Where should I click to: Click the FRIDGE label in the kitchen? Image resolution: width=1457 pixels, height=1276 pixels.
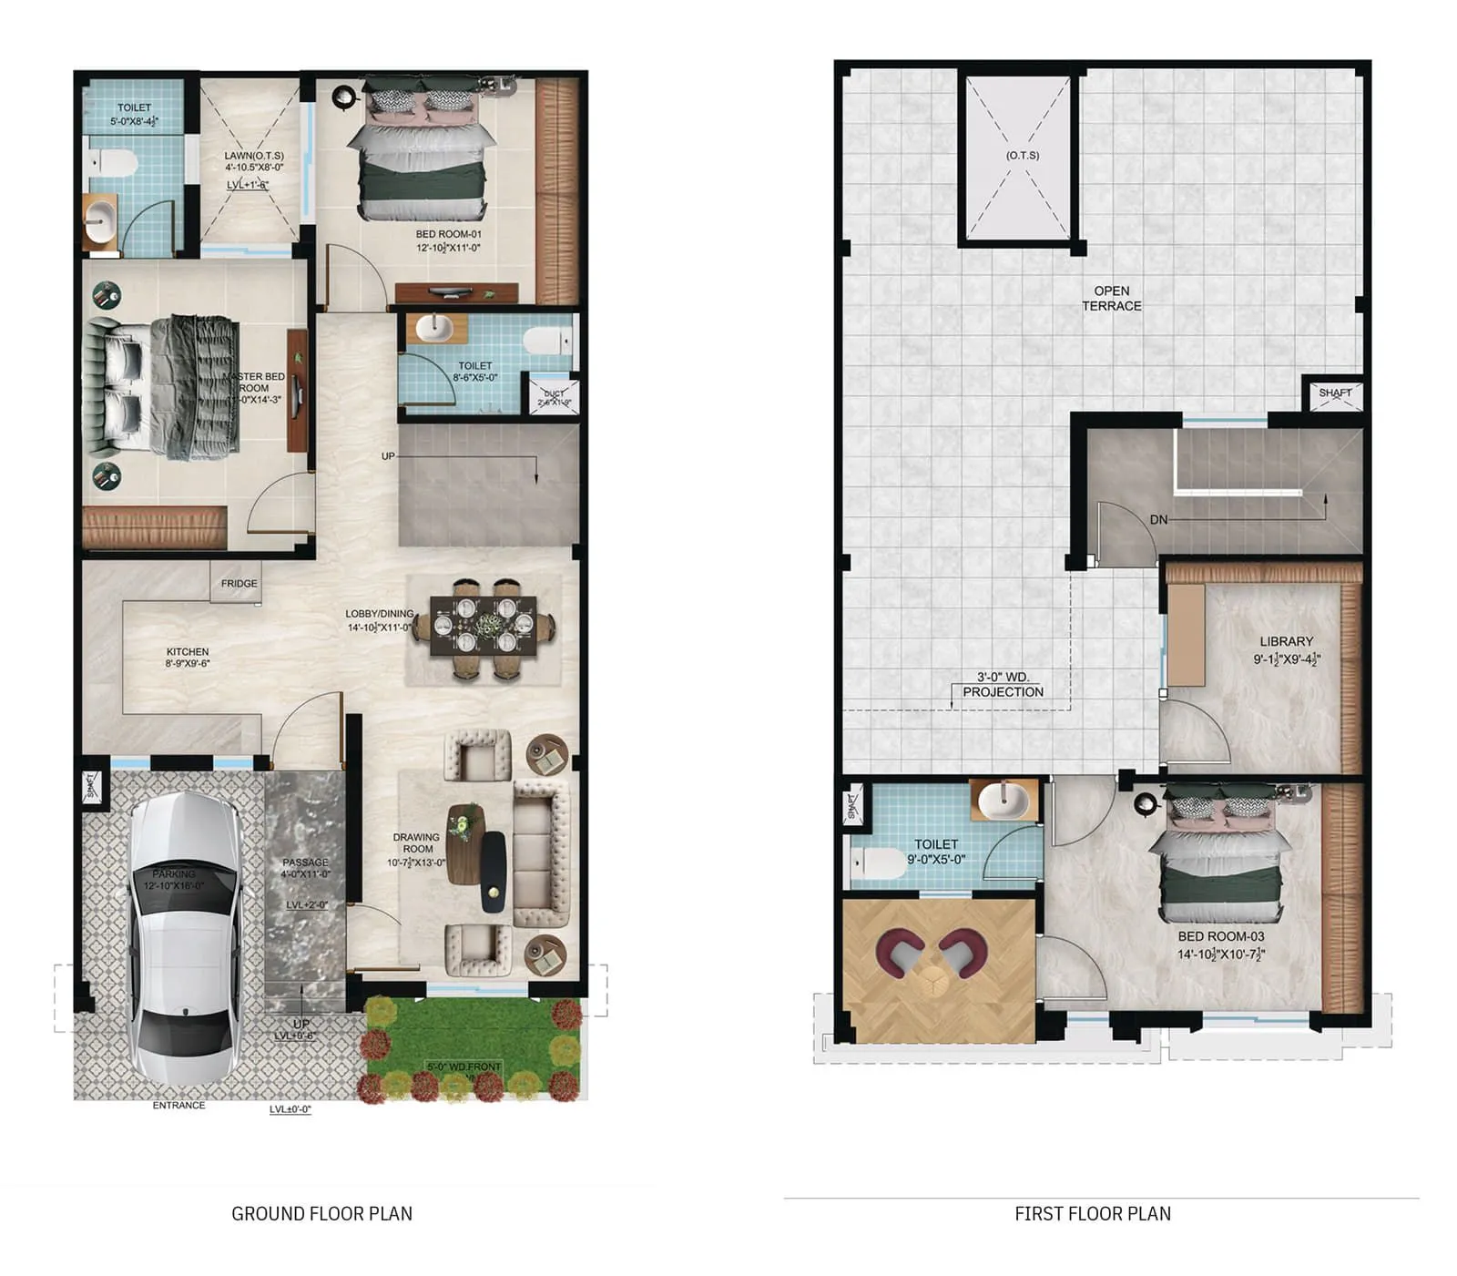pyautogui.click(x=239, y=584)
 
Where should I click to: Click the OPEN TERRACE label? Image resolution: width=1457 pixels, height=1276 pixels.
pyautogui.click(x=1111, y=299)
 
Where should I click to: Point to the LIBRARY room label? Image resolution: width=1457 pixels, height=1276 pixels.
pyautogui.click(x=1286, y=642)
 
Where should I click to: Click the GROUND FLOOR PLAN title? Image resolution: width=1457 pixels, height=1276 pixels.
pyautogui.click(x=321, y=1214)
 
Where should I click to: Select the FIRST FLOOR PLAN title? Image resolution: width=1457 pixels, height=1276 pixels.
pyautogui.click(x=1093, y=1214)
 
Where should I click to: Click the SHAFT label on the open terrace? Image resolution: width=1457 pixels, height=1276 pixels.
pyautogui.click(x=1335, y=393)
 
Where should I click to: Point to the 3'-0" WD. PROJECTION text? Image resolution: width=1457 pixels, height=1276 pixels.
pyautogui.click(x=1003, y=685)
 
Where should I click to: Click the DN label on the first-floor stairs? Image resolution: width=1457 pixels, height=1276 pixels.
pyautogui.click(x=1157, y=520)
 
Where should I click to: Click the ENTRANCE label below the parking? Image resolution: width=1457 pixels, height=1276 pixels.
pyautogui.click(x=178, y=1106)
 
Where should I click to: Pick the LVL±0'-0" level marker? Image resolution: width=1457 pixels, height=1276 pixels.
pyautogui.click(x=290, y=1110)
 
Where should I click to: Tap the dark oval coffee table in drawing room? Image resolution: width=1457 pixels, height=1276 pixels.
pyautogui.click(x=493, y=872)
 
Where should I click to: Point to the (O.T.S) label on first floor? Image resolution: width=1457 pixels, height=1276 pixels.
pyautogui.click(x=1023, y=156)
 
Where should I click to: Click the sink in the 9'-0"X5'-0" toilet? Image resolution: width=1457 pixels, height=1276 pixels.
pyautogui.click(x=1003, y=802)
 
